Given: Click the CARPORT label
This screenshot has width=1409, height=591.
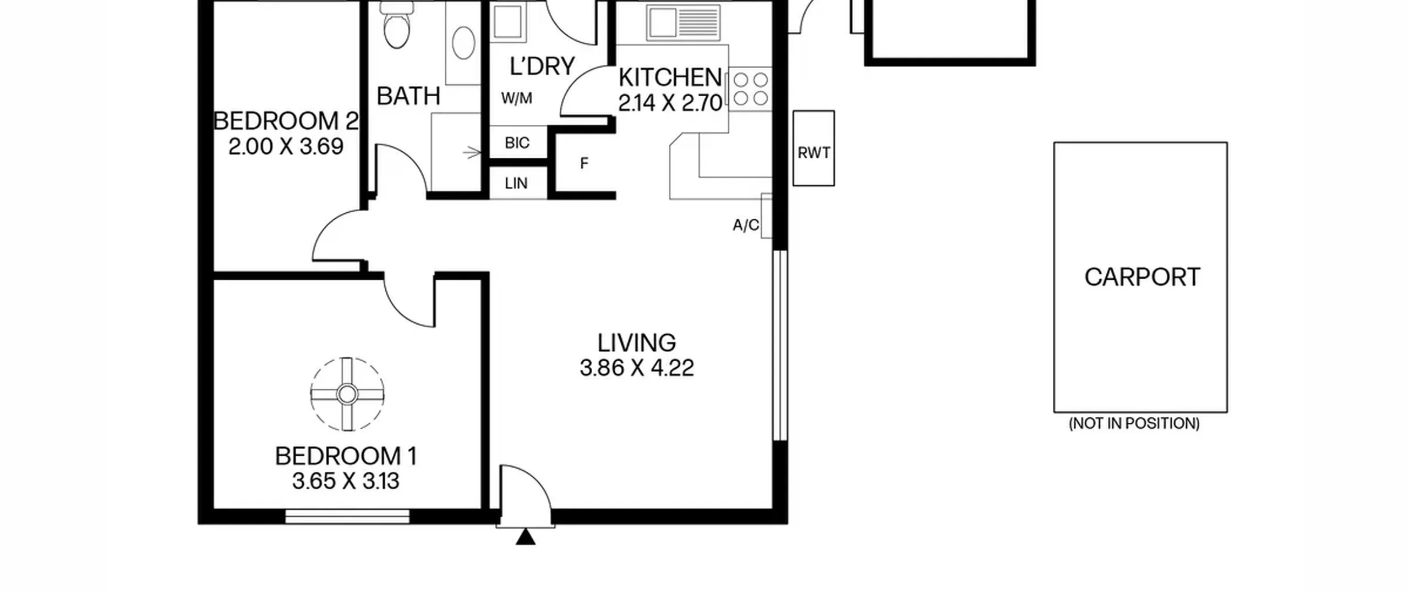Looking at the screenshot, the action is [x=1142, y=277].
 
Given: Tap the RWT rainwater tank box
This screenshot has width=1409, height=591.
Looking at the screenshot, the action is [x=813, y=148].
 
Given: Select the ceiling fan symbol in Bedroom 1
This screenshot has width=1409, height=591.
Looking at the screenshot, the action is [x=347, y=394].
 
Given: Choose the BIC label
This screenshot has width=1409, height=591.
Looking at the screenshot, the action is [x=517, y=143].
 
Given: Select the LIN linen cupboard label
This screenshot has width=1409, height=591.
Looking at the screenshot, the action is [x=516, y=183].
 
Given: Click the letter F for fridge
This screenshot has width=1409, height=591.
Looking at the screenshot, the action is [x=584, y=163].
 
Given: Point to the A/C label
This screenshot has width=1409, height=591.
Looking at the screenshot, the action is [x=746, y=225].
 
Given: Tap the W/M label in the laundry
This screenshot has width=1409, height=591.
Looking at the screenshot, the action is [x=516, y=98].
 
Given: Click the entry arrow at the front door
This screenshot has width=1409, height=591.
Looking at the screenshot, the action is [x=526, y=537].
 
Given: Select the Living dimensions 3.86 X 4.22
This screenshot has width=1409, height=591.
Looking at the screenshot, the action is [x=637, y=368].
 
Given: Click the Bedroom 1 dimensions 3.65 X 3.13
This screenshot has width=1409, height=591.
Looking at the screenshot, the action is [x=346, y=481].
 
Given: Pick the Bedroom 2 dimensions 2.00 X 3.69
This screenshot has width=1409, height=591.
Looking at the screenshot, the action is [x=286, y=146].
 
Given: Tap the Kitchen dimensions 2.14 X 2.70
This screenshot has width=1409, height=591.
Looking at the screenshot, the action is [x=670, y=103].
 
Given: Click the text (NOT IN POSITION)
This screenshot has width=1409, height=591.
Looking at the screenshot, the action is [x=1134, y=423].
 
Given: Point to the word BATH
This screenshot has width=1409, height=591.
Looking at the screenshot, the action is [x=408, y=96].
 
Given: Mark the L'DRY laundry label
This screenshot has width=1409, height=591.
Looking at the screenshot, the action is [x=542, y=66].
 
